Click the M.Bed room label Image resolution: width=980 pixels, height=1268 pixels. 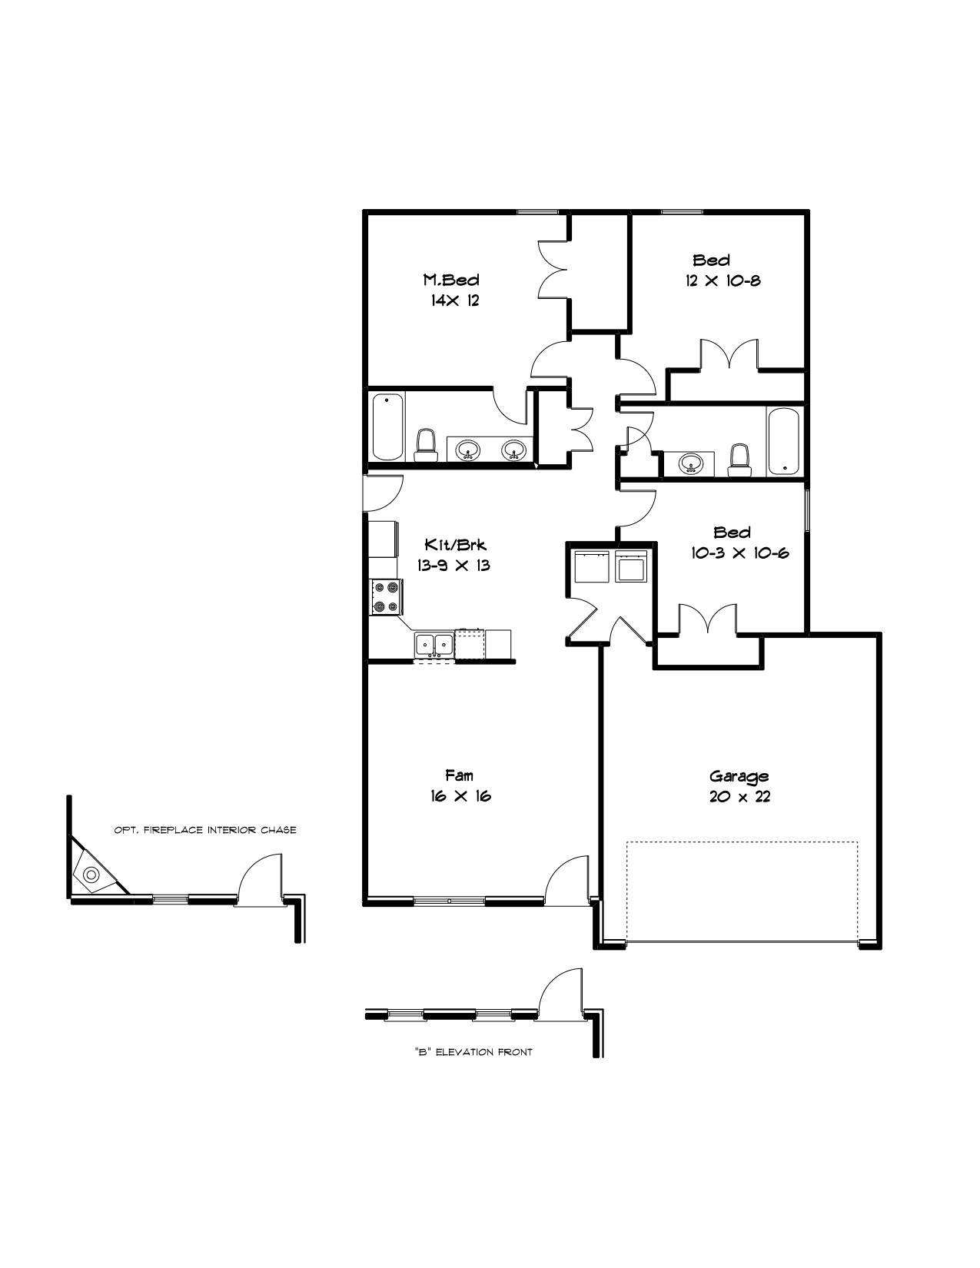(451, 280)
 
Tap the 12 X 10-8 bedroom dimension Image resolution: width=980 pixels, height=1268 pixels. (723, 280)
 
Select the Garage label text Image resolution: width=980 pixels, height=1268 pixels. (739, 776)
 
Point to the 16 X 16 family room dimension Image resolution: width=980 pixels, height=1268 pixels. (460, 796)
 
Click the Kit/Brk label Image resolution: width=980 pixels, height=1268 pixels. (455, 544)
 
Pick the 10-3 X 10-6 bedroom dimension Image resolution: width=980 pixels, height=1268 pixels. (739, 553)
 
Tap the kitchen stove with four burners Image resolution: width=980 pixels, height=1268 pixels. (387, 596)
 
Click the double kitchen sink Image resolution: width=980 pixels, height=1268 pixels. (434, 645)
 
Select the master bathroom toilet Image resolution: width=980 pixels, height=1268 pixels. (426, 446)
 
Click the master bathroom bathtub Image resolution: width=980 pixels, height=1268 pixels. (388, 427)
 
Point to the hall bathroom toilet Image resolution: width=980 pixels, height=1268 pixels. (739, 460)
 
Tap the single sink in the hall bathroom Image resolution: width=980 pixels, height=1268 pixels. (691, 464)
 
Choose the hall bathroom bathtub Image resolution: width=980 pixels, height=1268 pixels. (783, 441)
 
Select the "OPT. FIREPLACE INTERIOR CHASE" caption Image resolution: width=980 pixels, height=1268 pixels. (205, 830)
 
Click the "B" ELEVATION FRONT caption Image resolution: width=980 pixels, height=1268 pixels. (473, 1052)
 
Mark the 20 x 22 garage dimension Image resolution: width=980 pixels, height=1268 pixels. (739, 796)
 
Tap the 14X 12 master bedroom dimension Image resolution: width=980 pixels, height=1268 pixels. (455, 300)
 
